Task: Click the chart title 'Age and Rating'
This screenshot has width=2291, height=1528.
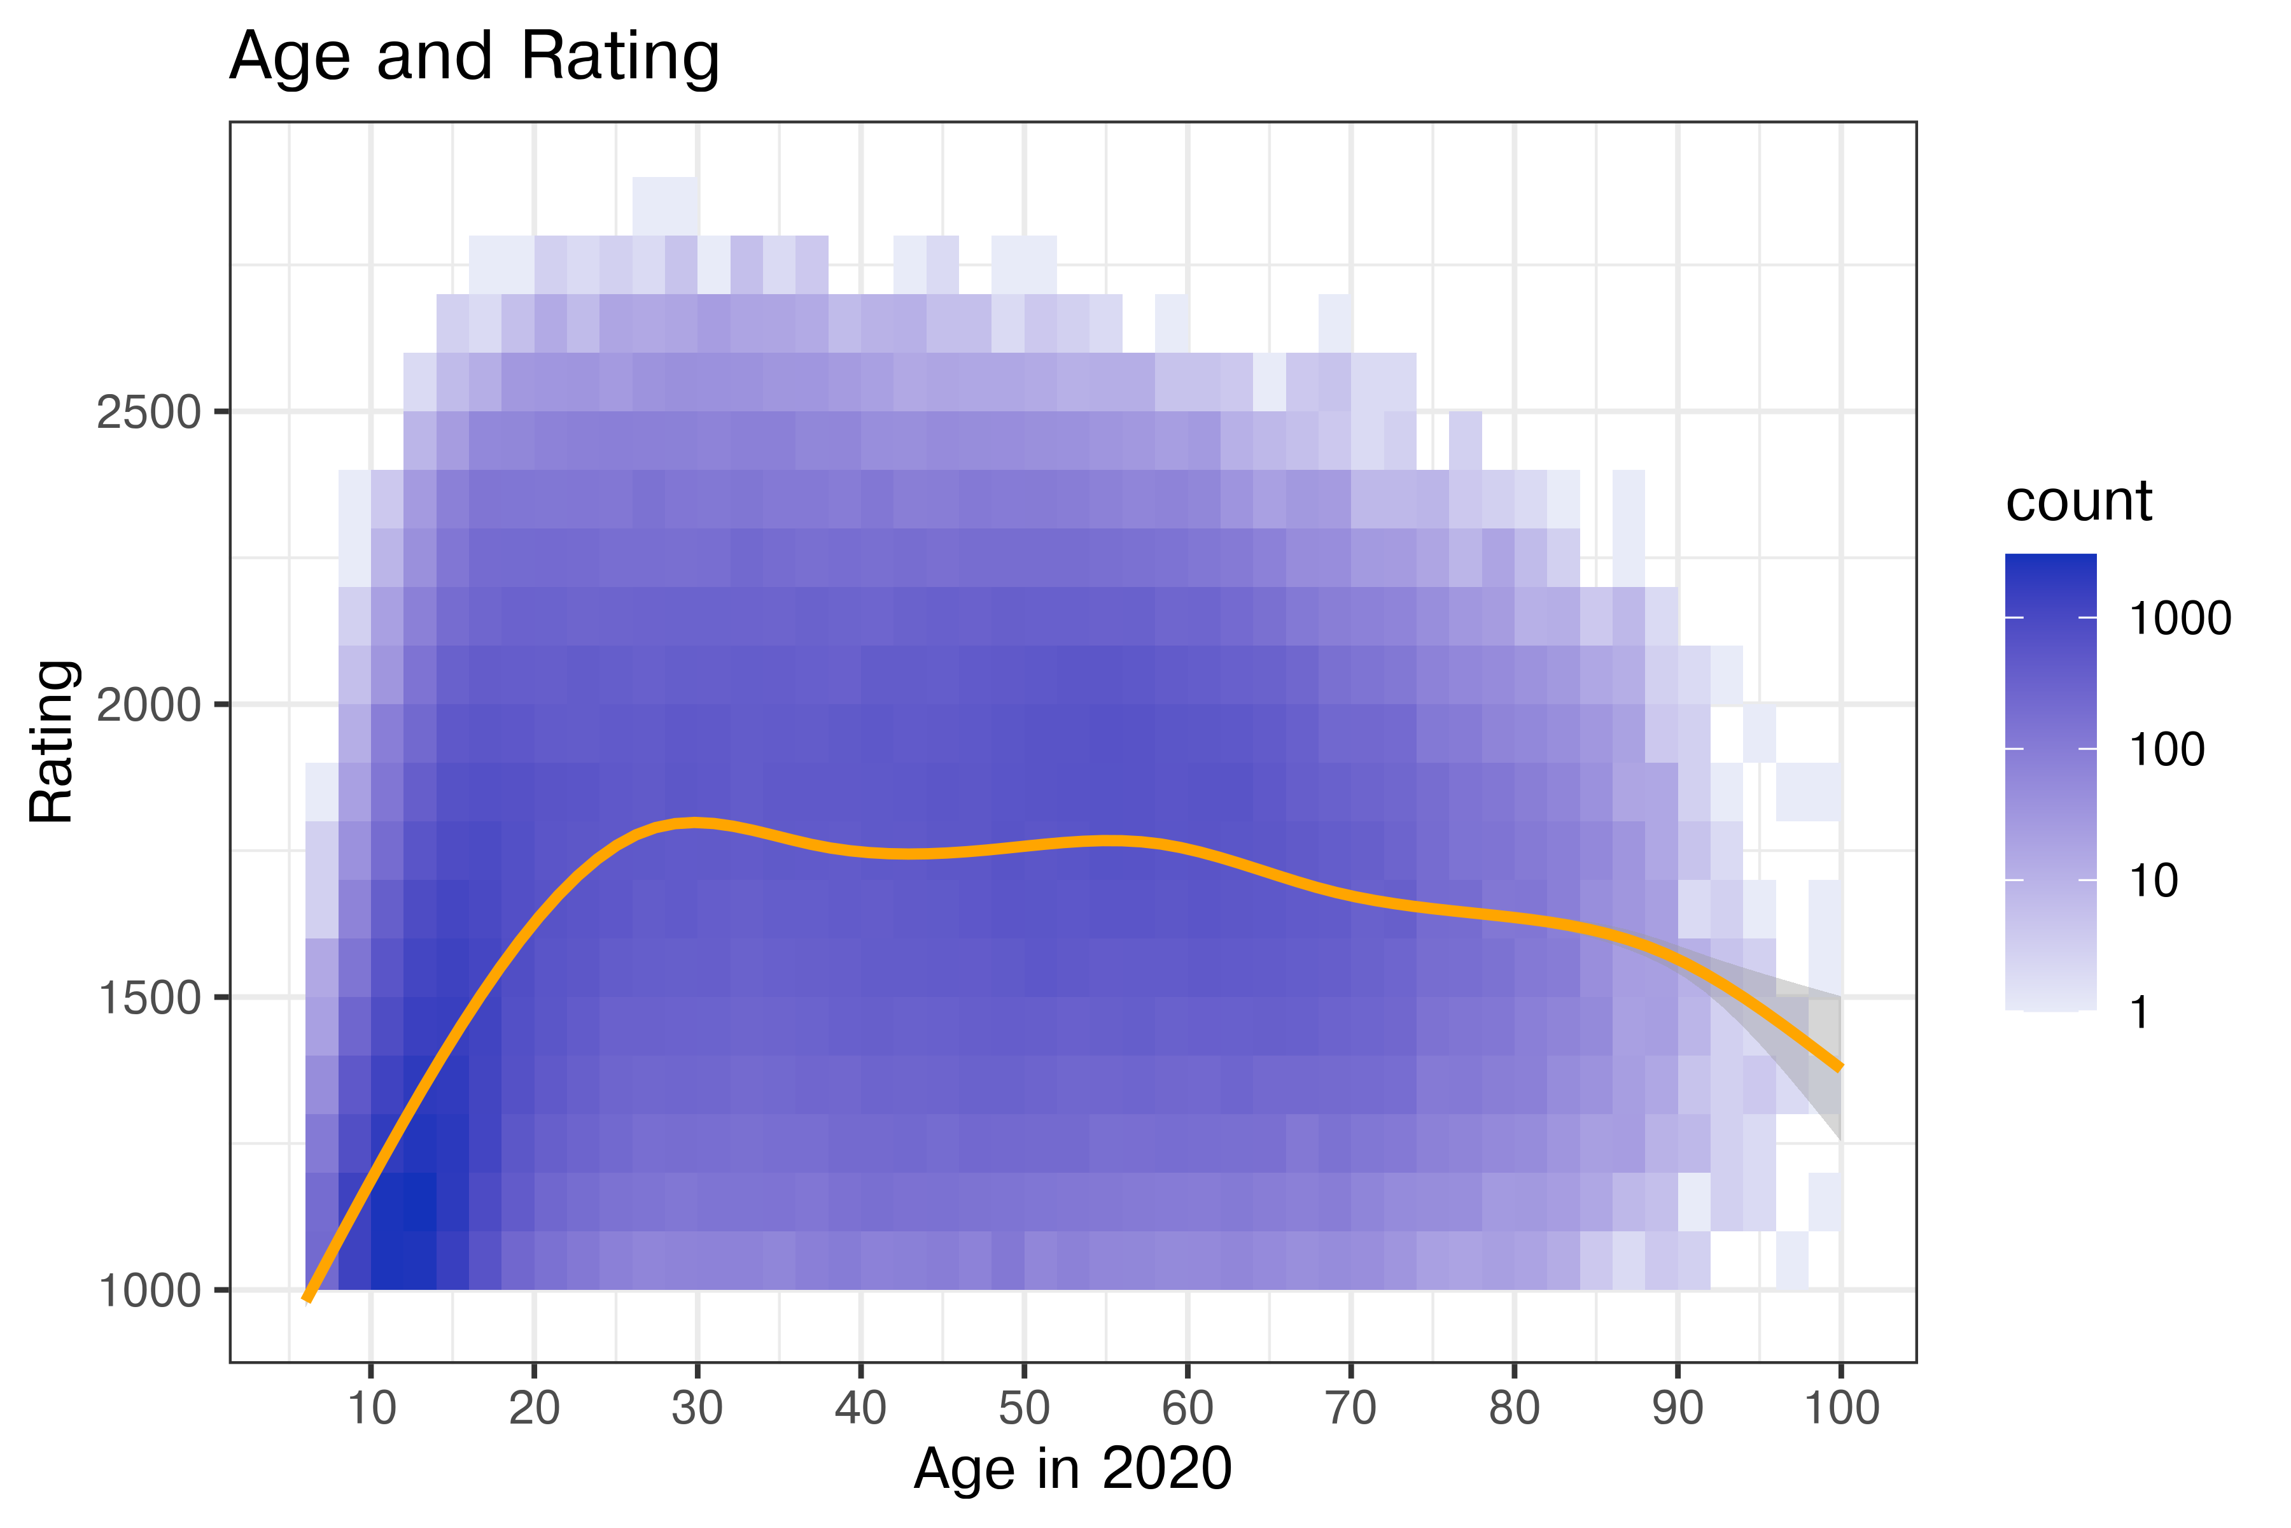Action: [473, 57]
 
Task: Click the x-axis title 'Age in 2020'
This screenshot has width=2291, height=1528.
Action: [1072, 1469]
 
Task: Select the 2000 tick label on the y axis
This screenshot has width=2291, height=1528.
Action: [148, 705]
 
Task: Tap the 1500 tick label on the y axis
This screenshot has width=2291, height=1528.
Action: [148, 998]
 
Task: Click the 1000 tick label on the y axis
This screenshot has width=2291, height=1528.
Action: [148, 1291]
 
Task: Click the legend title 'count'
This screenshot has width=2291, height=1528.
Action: [2078, 502]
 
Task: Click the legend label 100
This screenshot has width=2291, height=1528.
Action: [2166, 749]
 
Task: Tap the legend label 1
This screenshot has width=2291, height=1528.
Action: [2139, 1012]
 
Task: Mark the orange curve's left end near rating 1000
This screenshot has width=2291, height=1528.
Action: [308, 1297]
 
